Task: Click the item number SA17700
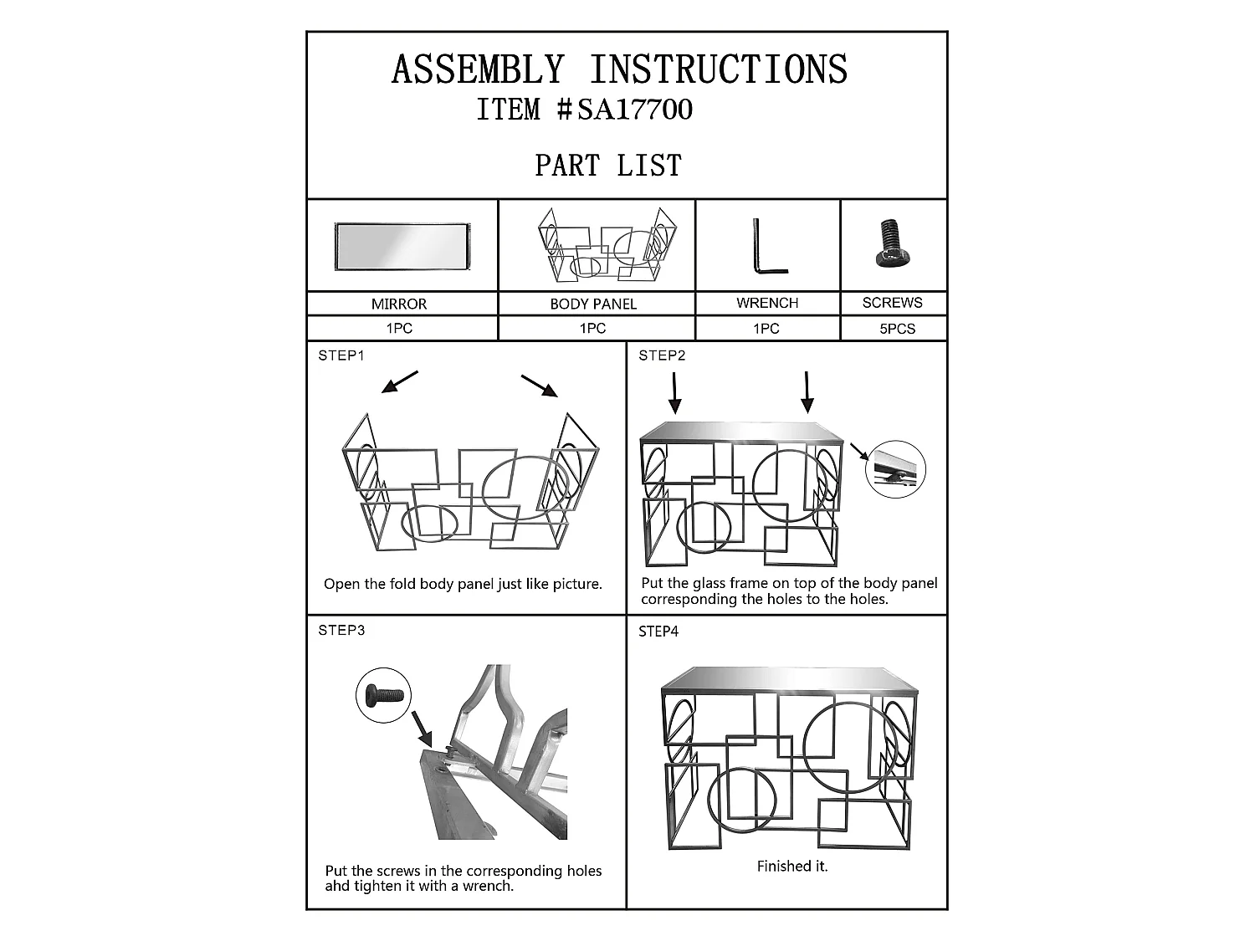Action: click(x=635, y=109)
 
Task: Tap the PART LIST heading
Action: click(x=608, y=166)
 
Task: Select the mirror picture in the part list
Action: click(x=402, y=246)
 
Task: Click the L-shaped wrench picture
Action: click(x=770, y=246)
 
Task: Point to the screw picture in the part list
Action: click(x=891, y=243)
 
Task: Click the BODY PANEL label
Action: click(x=593, y=304)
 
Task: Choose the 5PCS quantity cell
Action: click(x=897, y=329)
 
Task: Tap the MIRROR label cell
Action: click(x=399, y=304)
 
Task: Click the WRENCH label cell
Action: click(x=767, y=303)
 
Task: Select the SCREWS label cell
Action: click(x=893, y=302)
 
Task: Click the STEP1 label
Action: click(x=341, y=355)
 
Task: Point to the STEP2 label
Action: click(x=662, y=355)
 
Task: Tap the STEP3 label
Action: click(x=341, y=630)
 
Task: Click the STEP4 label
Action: click(x=658, y=632)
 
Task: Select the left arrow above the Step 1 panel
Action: click(x=400, y=381)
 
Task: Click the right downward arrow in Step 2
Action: click(x=807, y=392)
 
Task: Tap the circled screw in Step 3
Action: click(x=383, y=695)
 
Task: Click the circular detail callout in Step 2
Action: click(x=895, y=469)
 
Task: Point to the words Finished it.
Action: click(x=791, y=867)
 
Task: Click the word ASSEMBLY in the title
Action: click(x=478, y=69)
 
